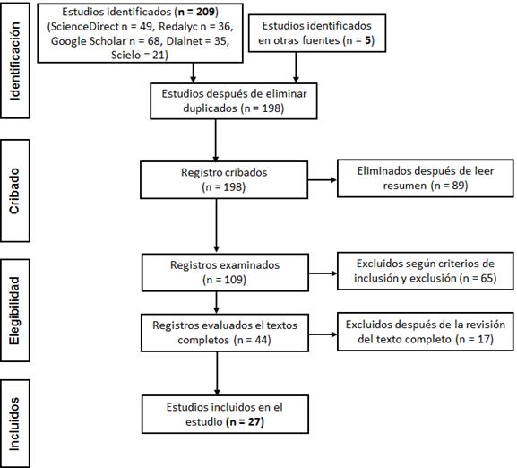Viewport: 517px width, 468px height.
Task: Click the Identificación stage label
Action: click(x=15, y=61)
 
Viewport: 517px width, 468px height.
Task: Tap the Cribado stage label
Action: click(x=15, y=191)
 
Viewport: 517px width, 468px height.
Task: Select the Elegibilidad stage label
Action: click(x=15, y=310)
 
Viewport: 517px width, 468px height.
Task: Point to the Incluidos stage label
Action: click(x=15, y=424)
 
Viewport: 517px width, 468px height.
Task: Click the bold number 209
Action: click(x=206, y=12)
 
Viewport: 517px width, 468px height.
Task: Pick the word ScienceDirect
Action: click(x=84, y=26)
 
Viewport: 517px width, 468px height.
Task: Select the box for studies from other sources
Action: click(x=317, y=33)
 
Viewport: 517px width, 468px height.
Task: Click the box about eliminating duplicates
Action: click(x=234, y=101)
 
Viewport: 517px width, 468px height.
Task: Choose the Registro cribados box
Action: click(x=224, y=179)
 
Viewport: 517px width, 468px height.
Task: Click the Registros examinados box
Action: click(x=225, y=273)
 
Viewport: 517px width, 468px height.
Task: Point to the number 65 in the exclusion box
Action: click(x=487, y=278)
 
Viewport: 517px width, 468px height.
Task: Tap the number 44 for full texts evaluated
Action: click(x=261, y=340)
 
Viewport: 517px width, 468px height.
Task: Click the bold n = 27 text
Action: click(x=246, y=421)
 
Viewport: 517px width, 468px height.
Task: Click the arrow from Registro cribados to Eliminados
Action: click(x=323, y=180)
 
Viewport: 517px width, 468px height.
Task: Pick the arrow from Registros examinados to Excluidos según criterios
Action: click(x=323, y=273)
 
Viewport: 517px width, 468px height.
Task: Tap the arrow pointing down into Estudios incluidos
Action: click(x=217, y=373)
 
